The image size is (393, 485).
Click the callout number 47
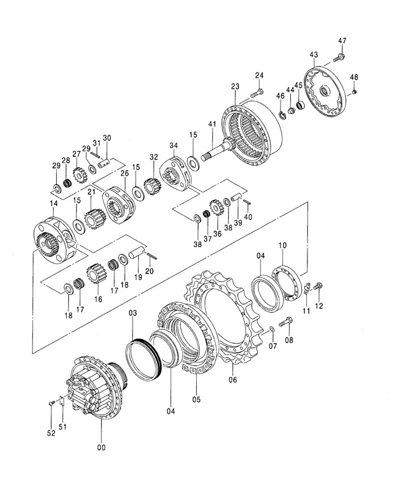point(342,41)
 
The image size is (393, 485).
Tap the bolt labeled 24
point(257,92)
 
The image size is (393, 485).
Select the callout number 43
point(313,55)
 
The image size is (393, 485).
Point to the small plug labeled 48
point(355,92)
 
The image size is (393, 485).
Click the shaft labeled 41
point(218,150)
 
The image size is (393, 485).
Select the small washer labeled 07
point(271,328)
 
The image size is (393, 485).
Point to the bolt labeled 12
point(318,286)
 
